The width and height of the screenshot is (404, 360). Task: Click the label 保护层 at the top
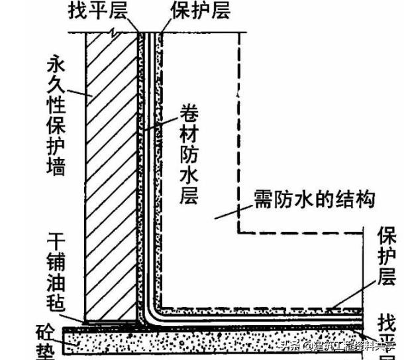192,11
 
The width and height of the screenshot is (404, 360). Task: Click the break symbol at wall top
118,32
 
